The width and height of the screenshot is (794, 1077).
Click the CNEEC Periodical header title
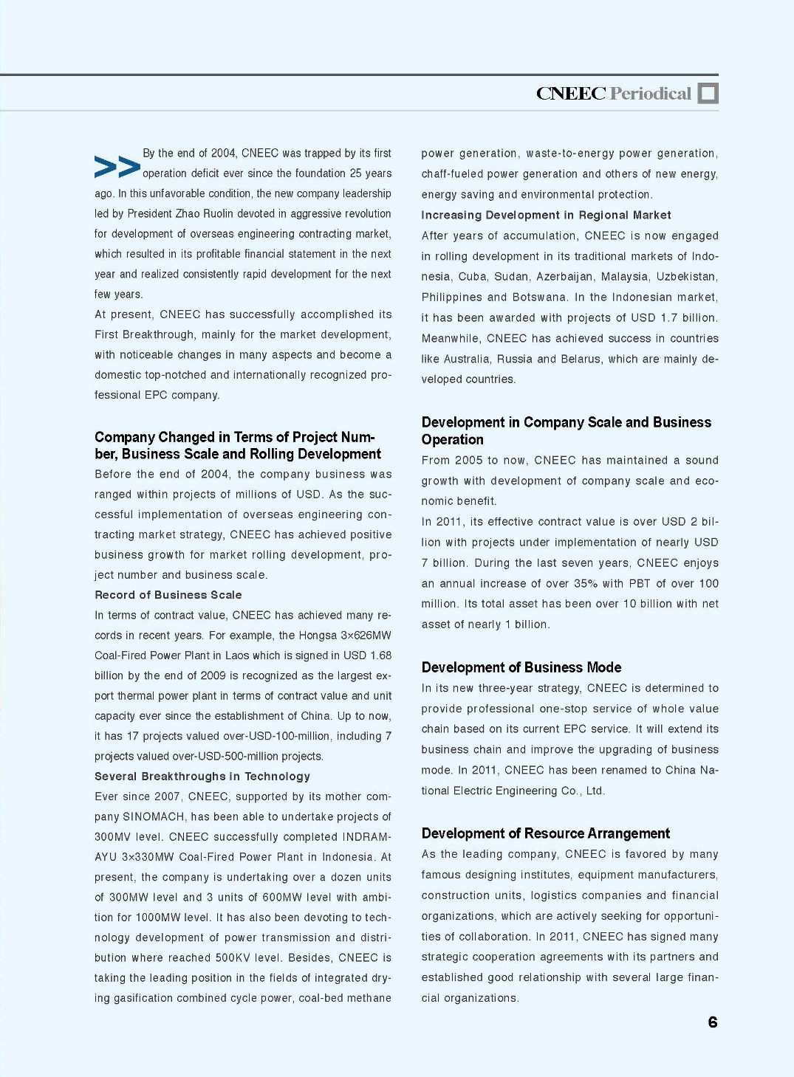[x=614, y=94]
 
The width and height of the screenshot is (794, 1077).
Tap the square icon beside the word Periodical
[x=708, y=94]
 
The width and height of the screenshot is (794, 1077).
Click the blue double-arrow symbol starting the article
[x=117, y=167]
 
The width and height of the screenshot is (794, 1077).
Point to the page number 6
[x=713, y=1022]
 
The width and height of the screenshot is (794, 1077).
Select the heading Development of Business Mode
[x=521, y=667]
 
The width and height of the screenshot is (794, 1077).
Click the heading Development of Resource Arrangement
[x=546, y=833]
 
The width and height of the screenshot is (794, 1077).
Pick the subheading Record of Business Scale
[x=168, y=595]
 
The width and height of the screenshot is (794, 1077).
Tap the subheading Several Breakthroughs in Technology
[x=202, y=777]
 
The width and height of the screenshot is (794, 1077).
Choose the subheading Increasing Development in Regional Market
[x=546, y=216]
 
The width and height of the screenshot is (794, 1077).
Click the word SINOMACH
[x=154, y=817]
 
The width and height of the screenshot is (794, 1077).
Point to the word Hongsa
[x=317, y=636]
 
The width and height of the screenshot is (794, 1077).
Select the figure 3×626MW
[x=366, y=636]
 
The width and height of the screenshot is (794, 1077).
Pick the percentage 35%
[x=586, y=584]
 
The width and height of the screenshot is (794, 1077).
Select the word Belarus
[x=579, y=359]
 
